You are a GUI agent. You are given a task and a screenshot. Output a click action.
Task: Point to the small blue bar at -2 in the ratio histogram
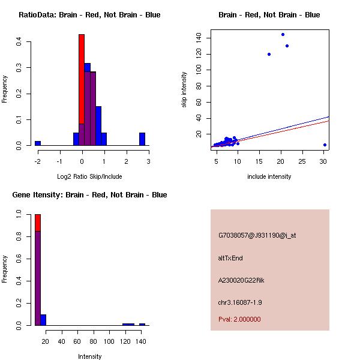coord(38,143)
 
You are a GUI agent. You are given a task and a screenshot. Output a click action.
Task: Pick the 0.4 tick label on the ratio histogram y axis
coord(19,42)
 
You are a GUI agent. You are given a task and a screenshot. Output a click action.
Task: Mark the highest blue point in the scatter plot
coord(283,34)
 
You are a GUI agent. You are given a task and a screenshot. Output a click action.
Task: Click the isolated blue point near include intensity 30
coord(325,145)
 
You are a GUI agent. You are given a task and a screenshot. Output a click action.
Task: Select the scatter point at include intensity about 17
coord(269,54)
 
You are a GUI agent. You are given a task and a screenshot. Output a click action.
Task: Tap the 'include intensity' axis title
coord(269,176)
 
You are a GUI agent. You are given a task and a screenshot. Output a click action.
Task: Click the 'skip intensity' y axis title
coord(185,89)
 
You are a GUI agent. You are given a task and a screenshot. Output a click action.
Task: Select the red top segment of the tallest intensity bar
coord(38,222)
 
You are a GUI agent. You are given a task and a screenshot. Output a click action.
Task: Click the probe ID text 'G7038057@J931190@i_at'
coord(257,235)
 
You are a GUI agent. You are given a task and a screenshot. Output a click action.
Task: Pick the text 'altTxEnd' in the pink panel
coord(230,258)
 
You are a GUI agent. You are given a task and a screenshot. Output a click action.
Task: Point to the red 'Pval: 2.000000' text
coord(239,319)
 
